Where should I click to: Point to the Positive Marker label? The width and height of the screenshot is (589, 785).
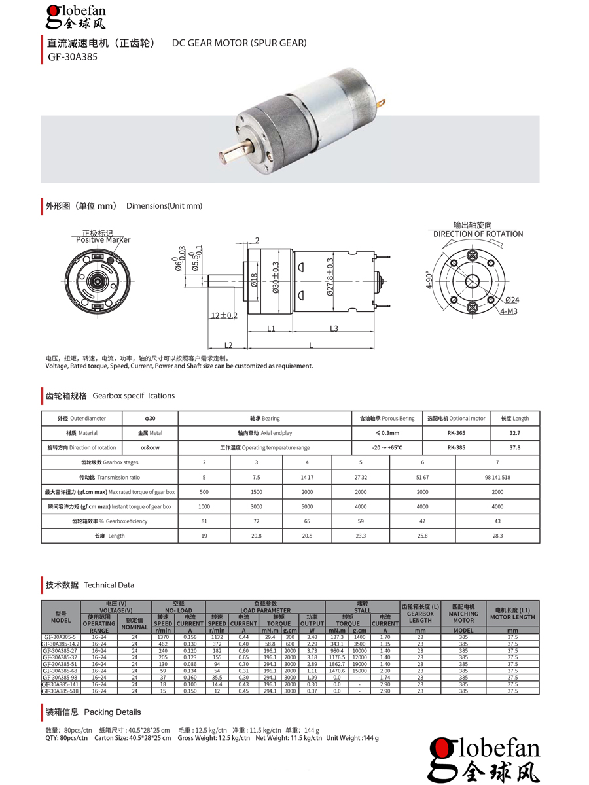click(103, 239)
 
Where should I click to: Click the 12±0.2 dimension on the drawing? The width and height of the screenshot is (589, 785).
click(224, 315)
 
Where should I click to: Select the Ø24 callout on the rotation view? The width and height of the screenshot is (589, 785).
click(511, 300)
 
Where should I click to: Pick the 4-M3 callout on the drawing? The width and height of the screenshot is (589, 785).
click(509, 311)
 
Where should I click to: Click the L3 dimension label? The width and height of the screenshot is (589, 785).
click(334, 328)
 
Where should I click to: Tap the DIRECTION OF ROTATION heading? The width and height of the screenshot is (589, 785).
click(478, 234)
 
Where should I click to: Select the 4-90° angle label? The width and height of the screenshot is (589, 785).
click(429, 280)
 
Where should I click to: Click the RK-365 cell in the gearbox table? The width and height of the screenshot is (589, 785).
click(456, 433)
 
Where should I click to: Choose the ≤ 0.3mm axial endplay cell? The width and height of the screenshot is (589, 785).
click(387, 433)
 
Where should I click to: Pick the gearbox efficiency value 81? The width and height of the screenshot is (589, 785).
click(204, 521)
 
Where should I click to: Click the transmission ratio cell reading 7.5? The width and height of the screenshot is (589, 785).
click(257, 477)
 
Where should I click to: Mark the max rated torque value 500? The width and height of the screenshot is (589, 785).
click(204, 492)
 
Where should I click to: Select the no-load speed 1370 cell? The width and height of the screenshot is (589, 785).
click(163, 637)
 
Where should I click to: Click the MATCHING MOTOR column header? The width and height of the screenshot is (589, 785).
click(463, 617)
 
